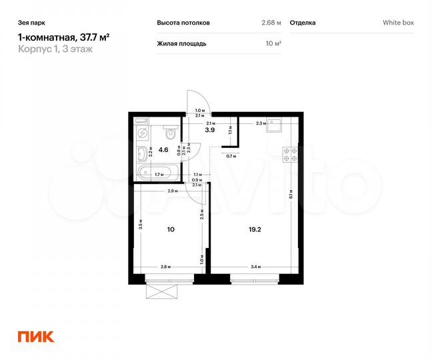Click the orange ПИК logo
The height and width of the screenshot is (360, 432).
[35, 337]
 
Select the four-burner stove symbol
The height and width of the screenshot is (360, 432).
[290, 155]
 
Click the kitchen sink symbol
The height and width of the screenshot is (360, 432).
[274, 124]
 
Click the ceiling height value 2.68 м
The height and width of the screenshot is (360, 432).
[271, 23]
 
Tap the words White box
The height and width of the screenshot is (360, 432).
[398, 23]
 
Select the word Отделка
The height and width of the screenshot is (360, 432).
[303, 23]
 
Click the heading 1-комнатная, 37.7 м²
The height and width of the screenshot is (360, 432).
[63, 38]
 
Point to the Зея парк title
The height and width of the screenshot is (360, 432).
[32, 22]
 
